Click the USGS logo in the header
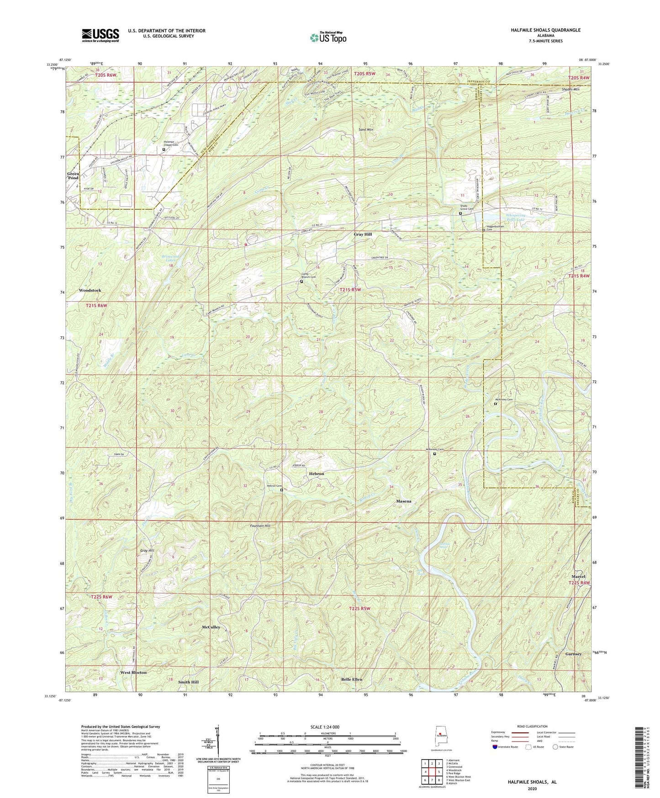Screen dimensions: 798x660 pyautogui.click(x=100, y=35)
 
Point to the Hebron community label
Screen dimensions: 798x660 pyautogui.click(x=316, y=474)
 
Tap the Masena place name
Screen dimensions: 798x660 pyautogui.click(x=403, y=501)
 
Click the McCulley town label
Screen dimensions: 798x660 pyautogui.click(x=211, y=628)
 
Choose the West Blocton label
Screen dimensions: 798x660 pyautogui.click(x=133, y=673)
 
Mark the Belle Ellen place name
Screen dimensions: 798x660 pyautogui.click(x=352, y=680)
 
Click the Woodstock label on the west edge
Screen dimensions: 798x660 pyautogui.click(x=90, y=291)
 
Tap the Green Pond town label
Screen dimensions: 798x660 pyautogui.click(x=74, y=176)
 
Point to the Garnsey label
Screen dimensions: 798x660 pyautogui.click(x=574, y=654)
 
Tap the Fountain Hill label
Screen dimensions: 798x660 pyautogui.click(x=260, y=526)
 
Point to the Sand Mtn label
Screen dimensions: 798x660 pyautogui.click(x=366, y=130)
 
